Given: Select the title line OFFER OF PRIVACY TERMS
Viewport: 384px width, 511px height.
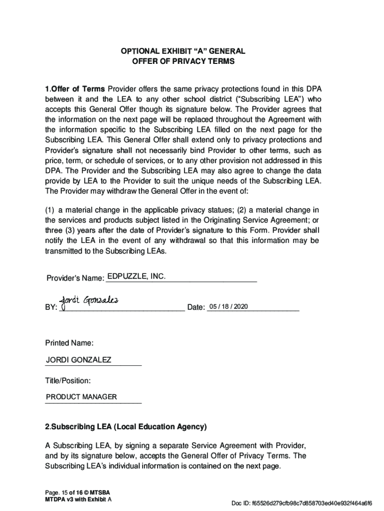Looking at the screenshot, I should click(x=183, y=62).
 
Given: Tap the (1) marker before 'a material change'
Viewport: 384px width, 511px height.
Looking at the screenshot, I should click(x=50, y=210).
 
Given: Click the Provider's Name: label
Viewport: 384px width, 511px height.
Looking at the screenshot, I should click(x=75, y=278).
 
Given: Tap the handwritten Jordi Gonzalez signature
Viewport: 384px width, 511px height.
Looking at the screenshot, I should click(x=89, y=300).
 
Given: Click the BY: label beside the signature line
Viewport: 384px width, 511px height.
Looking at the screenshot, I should click(x=51, y=308).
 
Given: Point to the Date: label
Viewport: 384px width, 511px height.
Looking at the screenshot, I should click(x=196, y=307).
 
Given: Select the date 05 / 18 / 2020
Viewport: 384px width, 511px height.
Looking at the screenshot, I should click(x=228, y=306).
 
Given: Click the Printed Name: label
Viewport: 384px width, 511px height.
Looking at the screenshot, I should click(x=69, y=343).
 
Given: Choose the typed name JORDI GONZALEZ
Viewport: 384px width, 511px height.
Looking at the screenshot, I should click(x=79, y=360).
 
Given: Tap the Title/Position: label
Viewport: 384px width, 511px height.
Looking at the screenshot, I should click(x=68, y=381).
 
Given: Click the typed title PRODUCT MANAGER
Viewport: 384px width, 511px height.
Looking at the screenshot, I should click(x=81, y=397).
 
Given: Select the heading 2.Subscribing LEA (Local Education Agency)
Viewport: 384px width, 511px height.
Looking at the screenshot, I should click(x=126, y=427).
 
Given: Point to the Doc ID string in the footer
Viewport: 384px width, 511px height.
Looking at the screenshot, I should click(x=301, y=503).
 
